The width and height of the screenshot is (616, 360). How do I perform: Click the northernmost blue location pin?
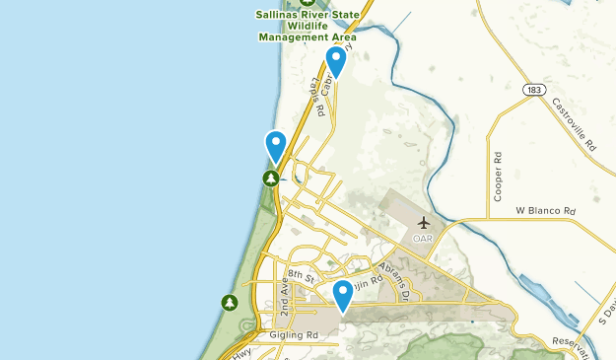point(336,61)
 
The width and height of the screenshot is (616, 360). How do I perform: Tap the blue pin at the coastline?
point(276,145)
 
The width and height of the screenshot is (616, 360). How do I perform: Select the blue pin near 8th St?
point(343,294)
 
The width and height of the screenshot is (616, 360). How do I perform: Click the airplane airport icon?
point(424,223)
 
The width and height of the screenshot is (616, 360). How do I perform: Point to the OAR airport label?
point(423,238)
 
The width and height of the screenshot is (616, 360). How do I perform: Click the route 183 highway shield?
point(535,90)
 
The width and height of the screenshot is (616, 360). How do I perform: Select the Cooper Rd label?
point(499,172)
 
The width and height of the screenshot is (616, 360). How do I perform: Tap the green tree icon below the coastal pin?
point(270,178)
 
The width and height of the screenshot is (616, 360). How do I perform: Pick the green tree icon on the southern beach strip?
point(230,302)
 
